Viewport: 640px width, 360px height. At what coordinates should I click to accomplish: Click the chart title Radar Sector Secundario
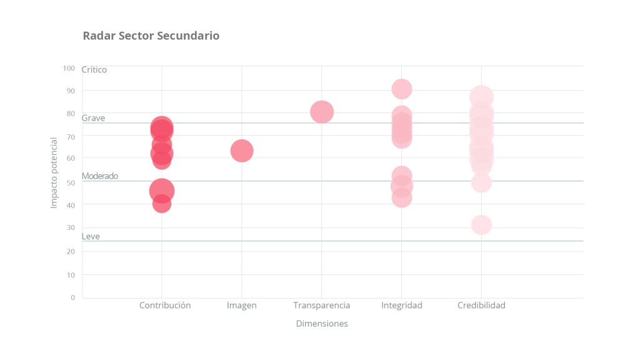[x=151, y=36]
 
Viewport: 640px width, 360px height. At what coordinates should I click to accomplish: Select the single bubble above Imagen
[x=242, y=151]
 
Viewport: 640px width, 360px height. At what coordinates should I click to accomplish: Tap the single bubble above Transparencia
[x=321, y=112]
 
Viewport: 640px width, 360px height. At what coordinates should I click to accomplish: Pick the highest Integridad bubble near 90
[x=402, y=89]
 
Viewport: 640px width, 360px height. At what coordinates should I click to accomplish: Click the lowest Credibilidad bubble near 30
[x=481, y=225]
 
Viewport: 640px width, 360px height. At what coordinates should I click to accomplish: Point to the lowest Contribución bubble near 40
[x=161, y=203]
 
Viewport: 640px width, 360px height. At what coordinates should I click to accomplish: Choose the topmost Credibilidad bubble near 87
[x=481, y=97]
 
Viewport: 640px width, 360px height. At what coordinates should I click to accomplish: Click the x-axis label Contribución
[x=165, y=306]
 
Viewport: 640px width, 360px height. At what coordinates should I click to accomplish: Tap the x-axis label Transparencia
[x=321, y=306]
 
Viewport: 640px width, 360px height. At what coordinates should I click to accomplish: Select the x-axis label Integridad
[x=402, y=306]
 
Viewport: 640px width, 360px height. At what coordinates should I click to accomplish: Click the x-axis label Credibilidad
[x=481, y=306]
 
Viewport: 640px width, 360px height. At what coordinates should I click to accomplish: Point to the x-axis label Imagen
[x=242, y=306]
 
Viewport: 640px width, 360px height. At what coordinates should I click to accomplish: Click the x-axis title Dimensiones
[x=321, y=324]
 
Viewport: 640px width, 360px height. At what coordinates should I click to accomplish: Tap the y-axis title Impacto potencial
[x=54, y=172]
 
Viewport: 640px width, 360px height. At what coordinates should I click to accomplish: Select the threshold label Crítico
[x=94, y=70]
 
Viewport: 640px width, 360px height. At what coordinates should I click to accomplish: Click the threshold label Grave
[x=93, y=118]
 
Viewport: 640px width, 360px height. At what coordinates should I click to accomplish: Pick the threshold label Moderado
[x=100, y=176]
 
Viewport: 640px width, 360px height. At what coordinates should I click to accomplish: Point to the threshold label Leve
[x=91, y=236]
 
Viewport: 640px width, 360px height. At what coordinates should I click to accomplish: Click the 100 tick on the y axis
[x=69, y=68]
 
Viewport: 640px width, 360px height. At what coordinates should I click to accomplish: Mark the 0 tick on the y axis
[x=72, y=297]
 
